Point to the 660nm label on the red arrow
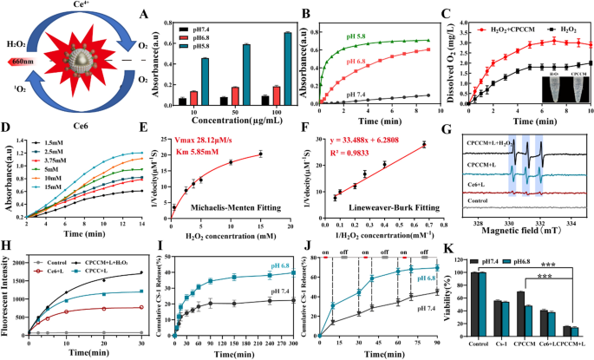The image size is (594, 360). (21, 61)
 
